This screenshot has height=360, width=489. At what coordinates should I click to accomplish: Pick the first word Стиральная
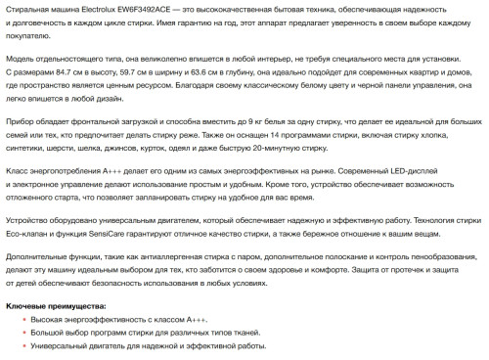click(x=30, y=8)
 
